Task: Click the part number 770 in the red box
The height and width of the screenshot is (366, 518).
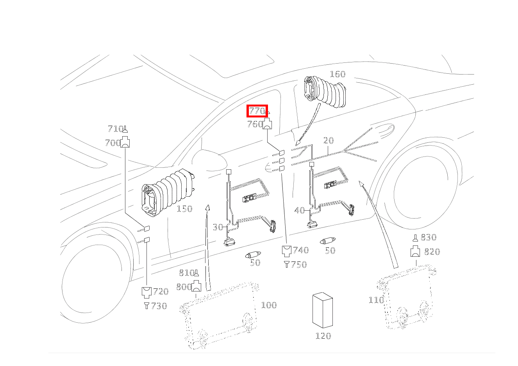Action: [x=257, y=111]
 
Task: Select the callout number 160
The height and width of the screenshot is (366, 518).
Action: [x=338, y=74]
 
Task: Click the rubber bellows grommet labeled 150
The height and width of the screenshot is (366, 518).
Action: [x=168, y=191]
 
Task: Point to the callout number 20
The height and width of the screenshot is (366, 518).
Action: [x=329, y=140]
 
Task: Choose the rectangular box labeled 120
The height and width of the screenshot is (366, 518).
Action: [x=322, y=310]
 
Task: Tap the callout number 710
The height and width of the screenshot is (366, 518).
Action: [x=115, y=129]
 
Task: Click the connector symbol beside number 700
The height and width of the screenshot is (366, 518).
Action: [x=125, y=142]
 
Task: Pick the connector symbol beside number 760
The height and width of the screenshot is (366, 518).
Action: [x=268, y=124]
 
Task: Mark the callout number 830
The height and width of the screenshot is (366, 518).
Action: [x=429, y=237]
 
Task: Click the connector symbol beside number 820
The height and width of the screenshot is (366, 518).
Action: [x=415, y=252]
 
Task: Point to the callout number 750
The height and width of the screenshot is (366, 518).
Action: [x=299, y=265]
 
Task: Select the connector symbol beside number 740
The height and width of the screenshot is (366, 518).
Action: [x=287, y=250]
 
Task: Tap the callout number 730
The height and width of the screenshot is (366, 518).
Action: [x=159, y=306]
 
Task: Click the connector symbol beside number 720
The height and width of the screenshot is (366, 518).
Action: [x=146, y=291]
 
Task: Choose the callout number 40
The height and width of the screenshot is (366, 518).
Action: [x=299, y=211]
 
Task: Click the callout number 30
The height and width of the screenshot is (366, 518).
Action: [x=218, y=227]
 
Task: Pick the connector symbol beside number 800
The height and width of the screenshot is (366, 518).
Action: [x=196, y=287]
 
